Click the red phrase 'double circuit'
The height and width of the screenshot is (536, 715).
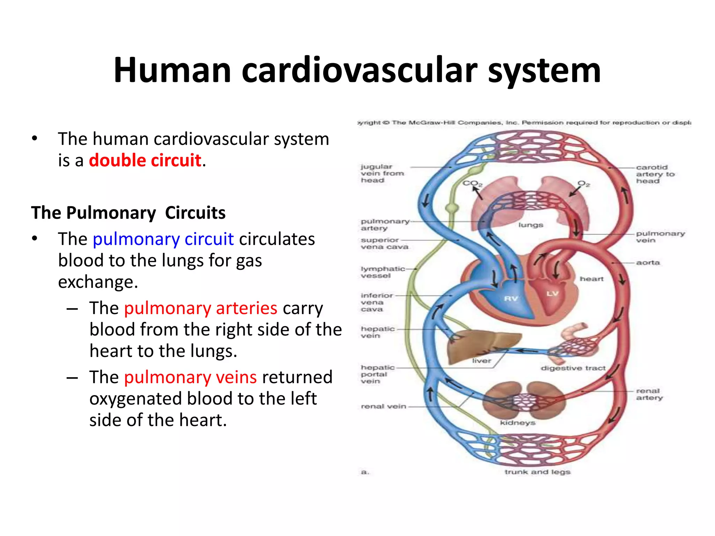click(x=145, y=161)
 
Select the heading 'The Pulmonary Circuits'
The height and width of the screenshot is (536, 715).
click(x=128, y=213)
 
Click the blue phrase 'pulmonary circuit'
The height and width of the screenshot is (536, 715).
click(x=163, y=239)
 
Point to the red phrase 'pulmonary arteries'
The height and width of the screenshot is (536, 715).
click(x=200, y=308)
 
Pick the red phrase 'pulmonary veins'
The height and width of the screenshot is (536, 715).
click(x=190, y=378)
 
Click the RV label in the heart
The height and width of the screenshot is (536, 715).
click(x=511, y=299)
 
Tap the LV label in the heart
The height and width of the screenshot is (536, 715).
click(x=552, y=293)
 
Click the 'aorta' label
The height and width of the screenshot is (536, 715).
click(x=648, y=263)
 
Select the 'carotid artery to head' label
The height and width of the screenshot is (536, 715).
click(x=655, y=174)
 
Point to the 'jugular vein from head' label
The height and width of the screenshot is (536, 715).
click(x=382, y=173)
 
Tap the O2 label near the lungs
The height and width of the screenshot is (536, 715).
click(x=583, y=184)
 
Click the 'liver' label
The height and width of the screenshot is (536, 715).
click(x=481, y=361)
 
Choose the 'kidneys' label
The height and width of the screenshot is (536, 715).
click(x=517, y=423)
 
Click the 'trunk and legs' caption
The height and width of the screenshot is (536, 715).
click(x=537, y=472)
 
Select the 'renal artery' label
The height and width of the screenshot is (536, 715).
click(x=649, y=394)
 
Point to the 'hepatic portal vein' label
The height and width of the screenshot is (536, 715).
click(x=377, y=374)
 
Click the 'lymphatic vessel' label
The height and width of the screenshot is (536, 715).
click(x=382, y=272)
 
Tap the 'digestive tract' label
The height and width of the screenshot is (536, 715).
click(x=573, y=368)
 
